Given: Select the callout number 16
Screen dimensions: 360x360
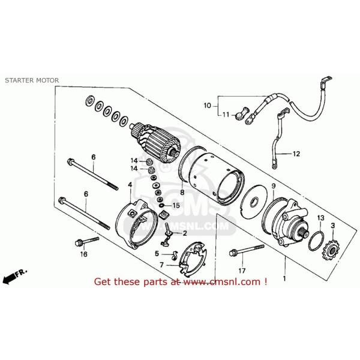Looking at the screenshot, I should pyautogui.click(x=84, y=254).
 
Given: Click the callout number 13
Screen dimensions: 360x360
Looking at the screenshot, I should pyautogui.click(x=320, y=217).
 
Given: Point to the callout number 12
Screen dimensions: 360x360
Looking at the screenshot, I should pyautogui.click(x=295, y=154).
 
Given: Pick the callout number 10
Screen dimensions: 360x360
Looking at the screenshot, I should pyautogui.click(x=207, y=106).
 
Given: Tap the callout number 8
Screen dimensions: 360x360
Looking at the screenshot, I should pyautogui.click(x=182, y=193).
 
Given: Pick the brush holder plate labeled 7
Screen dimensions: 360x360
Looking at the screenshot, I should pyautogui.click(x=190, y=258).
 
